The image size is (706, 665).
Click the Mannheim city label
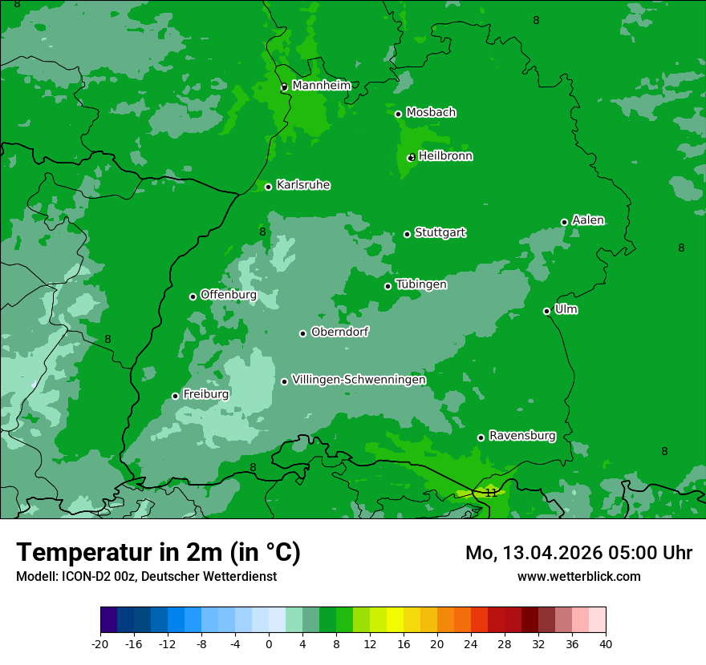click(x=321, y=86)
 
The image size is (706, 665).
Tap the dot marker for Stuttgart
click(x=408, y=234)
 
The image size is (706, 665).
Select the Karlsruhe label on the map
click(x=303, y=185)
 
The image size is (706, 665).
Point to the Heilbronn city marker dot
click(x=412, y=158)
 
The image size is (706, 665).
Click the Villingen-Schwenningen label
click(x=359, y=380)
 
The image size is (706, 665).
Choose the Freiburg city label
click(x=205, y=394)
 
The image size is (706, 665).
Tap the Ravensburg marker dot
click(x=481, y=437)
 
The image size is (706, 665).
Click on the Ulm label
click(x=566, y=309)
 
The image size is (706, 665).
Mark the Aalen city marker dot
click(x=565, y=222)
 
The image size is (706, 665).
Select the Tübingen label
click(x=421, y=284)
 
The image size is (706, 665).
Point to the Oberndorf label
click(x=339, y=332)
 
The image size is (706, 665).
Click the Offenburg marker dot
click(x=193, y=296)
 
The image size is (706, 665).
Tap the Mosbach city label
click(x=431, y=113)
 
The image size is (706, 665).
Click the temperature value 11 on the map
click(x=490, y=493)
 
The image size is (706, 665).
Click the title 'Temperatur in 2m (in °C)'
click(x=158, y=552)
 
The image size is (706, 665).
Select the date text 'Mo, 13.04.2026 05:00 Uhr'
click(x=578, y=553)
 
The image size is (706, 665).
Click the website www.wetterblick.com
click(x=578, y=576)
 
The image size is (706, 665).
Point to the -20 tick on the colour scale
click(x=100, y=643)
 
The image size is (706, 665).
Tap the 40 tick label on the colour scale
click(x=605, y=643)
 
